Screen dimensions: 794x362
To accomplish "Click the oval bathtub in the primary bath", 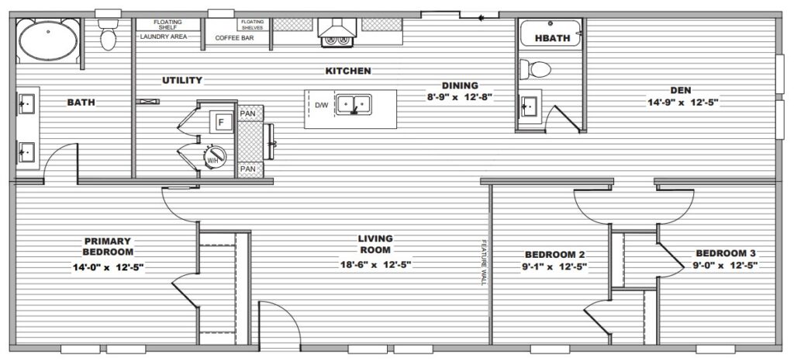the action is pos(48,41).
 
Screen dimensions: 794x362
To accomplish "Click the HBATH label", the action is pos(552,38).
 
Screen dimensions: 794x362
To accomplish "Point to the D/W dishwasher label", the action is pos(322,106).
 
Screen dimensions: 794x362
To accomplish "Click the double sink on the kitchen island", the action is pos(354,105).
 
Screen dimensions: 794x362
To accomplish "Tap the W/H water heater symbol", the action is pos(215,157).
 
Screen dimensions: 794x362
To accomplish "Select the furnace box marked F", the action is pos(221,122).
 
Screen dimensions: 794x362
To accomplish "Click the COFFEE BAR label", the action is pos(234,38).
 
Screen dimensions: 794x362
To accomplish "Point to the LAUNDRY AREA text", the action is pos(164,37).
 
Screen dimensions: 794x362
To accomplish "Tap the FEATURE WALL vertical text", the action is pos(484,262).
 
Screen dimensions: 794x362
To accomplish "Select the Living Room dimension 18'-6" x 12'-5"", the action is pos(375,263).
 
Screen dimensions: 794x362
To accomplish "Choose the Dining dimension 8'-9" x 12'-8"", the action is pos(460,97).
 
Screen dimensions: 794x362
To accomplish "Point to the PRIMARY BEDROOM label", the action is pos(108,246).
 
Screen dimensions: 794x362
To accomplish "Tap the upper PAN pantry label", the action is pos(247,113).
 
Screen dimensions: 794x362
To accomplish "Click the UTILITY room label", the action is pos(182,80).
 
